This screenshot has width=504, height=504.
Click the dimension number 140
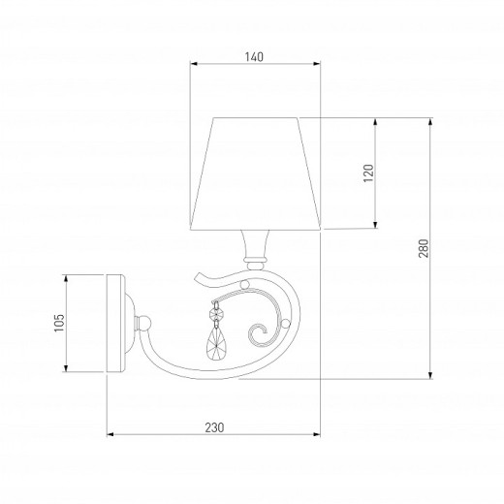tap(253, 56)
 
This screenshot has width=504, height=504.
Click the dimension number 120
tap(368, 173)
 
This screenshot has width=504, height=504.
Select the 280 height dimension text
tap(423, 248)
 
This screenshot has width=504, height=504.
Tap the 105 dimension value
tap(59, 323)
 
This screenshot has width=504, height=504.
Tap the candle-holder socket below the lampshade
tap(254, 247)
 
